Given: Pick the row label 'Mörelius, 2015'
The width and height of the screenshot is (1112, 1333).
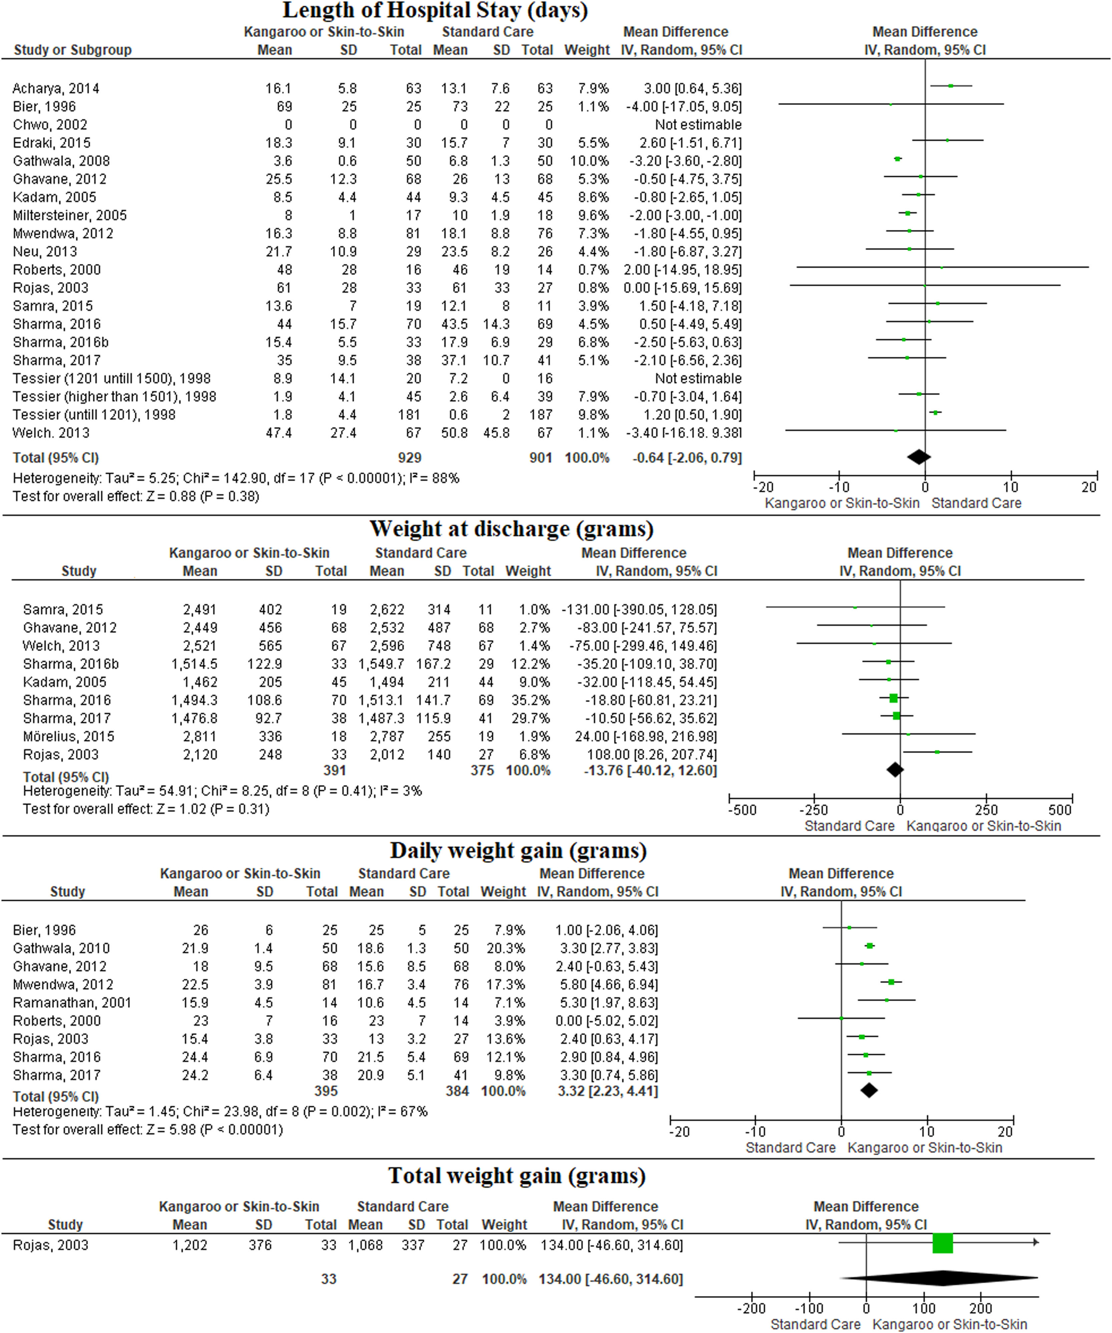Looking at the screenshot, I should pos(68,736).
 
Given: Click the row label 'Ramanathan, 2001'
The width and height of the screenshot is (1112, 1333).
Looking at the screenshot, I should pos(72,1003).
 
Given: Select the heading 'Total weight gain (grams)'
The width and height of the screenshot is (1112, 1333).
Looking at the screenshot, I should pos(517,1176).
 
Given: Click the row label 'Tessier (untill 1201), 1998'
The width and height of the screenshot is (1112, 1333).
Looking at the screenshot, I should pos(94,415).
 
